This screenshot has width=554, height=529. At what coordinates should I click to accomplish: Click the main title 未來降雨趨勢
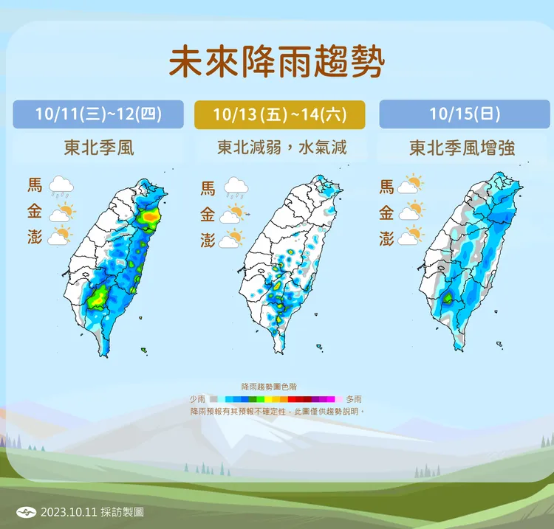point(276,63)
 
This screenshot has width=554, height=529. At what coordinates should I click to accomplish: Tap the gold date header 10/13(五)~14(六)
point(280,114)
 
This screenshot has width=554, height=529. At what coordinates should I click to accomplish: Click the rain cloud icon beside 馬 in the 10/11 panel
point(62,187)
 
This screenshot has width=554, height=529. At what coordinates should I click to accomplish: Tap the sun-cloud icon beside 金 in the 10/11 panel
point(62,213)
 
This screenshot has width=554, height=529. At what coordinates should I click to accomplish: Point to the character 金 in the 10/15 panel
point(386,213)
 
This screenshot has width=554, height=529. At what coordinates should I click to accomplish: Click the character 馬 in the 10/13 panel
point(208,187)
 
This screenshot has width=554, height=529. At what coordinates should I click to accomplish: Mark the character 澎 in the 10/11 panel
point(34,238)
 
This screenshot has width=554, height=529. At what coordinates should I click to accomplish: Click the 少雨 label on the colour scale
point(197,398)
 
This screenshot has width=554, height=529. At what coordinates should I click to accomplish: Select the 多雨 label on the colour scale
point(355,398)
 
